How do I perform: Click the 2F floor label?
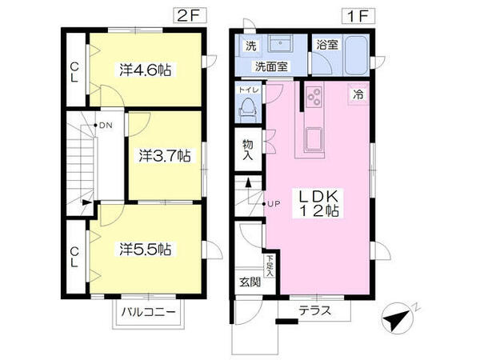pos(185,14)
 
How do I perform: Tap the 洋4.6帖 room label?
pos(147,70)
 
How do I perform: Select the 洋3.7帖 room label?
pos(162,154)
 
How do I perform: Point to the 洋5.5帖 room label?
pos(147,248)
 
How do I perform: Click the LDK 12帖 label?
pos(321,203)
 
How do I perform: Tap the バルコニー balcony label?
pos(148,311)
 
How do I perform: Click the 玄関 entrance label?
pos(250,282)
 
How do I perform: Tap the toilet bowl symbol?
pos(247,108)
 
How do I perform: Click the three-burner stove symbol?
pos(313,98)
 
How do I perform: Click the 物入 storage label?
pos(249,150)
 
